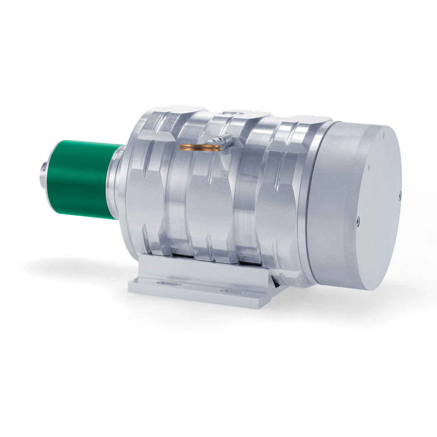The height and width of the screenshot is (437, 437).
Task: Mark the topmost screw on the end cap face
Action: click(x=369, y=168)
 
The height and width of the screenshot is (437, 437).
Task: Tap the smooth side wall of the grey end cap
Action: click(x=329, y=200)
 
